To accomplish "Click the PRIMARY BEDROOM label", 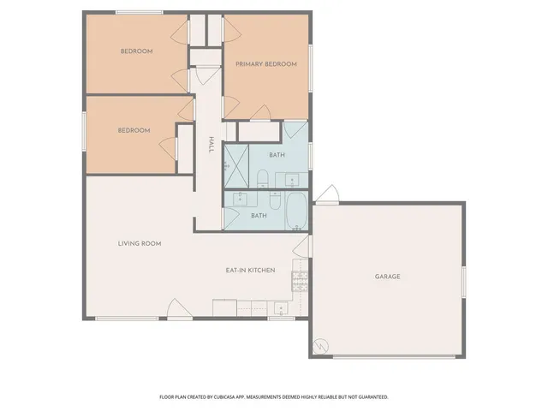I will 266,64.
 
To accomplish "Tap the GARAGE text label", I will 387,277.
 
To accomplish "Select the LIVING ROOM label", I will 140,243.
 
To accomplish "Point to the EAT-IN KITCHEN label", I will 250,271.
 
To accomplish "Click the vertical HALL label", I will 211,146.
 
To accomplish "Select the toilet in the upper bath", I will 265,179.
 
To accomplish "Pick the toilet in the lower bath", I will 275,202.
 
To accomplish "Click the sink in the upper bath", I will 292,181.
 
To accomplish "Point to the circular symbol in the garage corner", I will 320,346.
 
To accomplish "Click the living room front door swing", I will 175,308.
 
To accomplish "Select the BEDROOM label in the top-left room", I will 136,51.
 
